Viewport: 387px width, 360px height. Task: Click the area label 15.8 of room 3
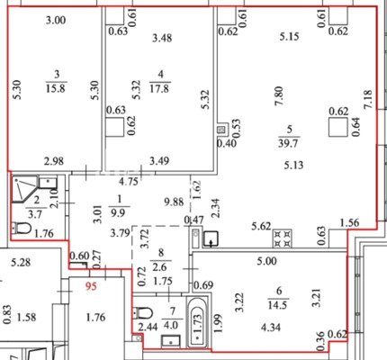pyautogui.click(x=56, y=89)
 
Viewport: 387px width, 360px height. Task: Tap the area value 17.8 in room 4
pyautogui.click(x=160, y=89)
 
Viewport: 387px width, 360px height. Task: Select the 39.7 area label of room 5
pyautogui.click(x=288, y=143)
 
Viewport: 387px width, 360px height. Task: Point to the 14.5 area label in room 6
pyautogui.click(x=278, y=305)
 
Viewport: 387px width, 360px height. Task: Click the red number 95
pyautogui.click(x=91, y=286)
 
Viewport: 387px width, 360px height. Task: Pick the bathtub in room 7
pyautogui.click(x=197, y=321)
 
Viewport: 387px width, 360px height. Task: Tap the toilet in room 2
pyautogui.click(x=22, y=229)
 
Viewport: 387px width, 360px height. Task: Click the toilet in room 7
pyautogui.click(x=143, y=313)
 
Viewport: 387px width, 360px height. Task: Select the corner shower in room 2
pyautogui.click(x=24, y=188)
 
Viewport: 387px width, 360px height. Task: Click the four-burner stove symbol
pyautogui.click(x=283, y=238)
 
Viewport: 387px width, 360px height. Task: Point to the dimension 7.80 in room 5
pyautogui.click(x=279, y=96)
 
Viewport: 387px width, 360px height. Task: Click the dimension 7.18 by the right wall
pyautogui.click(x=367, y=100)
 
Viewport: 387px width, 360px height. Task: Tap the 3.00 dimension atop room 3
pyautogui.click(x=56, y=21)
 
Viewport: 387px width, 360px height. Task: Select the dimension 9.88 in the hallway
pyautogui.click(x=174, y=202)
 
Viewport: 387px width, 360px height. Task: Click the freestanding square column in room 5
pyautogui.click(x=338, y=127)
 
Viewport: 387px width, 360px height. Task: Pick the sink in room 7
pyautogui.click(x=171, y=341)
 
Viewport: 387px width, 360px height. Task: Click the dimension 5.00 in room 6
pyautogui.click(x=267, y=261)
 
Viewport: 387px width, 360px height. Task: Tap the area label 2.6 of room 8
pyautogui.click(x=161, y=266)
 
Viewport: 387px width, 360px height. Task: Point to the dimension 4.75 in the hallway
pyautogui.click(x=129, y=182)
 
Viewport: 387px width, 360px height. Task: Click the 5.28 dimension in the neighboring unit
pyautogui.click(x=21, y=263)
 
